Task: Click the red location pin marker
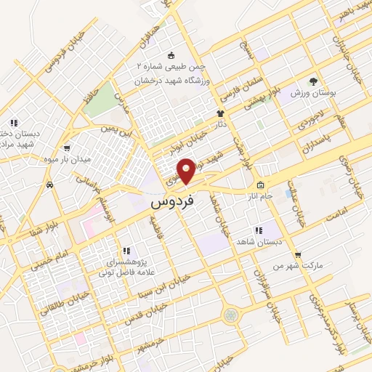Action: pos(187,170)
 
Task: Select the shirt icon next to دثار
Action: pos(221,114)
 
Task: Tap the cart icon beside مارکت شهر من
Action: pos(298,254)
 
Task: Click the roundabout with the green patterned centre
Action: pos(231,315)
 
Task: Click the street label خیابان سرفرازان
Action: pos(256,288)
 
